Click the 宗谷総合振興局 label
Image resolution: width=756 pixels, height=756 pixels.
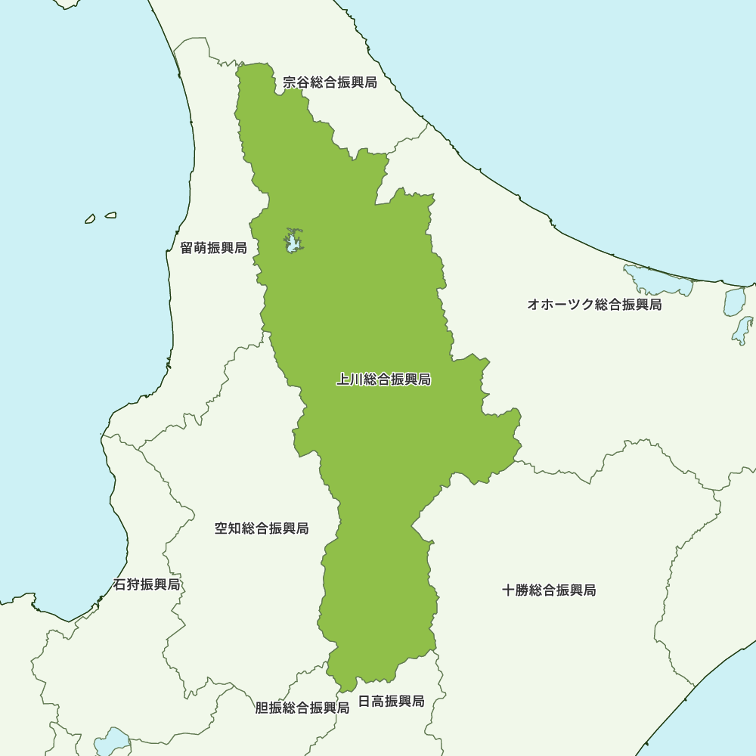point(330,82)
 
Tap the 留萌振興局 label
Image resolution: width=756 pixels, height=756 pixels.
point(213,248)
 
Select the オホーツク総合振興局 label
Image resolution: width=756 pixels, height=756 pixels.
point(594,305)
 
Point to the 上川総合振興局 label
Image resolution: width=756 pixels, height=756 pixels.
point(383,380)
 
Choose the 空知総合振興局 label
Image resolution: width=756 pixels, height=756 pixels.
point(262,528)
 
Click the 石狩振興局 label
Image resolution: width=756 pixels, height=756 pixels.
point(147,585)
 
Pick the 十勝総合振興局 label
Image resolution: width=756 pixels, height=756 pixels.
point(549,590)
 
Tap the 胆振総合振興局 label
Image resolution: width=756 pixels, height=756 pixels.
point(302,708)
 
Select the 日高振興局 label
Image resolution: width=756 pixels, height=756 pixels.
point(391,702)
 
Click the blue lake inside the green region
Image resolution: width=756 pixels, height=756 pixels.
point(292,242)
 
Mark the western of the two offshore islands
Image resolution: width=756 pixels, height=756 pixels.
point(90,218)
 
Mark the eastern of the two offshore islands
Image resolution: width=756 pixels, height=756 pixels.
point(110,215)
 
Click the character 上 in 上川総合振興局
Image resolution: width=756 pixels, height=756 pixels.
point(342,380)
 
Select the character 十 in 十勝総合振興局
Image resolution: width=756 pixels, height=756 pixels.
point(509,590)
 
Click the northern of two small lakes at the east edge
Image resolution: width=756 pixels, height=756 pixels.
point(734,301)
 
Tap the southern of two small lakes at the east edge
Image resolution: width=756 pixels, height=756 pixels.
point(742,330)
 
